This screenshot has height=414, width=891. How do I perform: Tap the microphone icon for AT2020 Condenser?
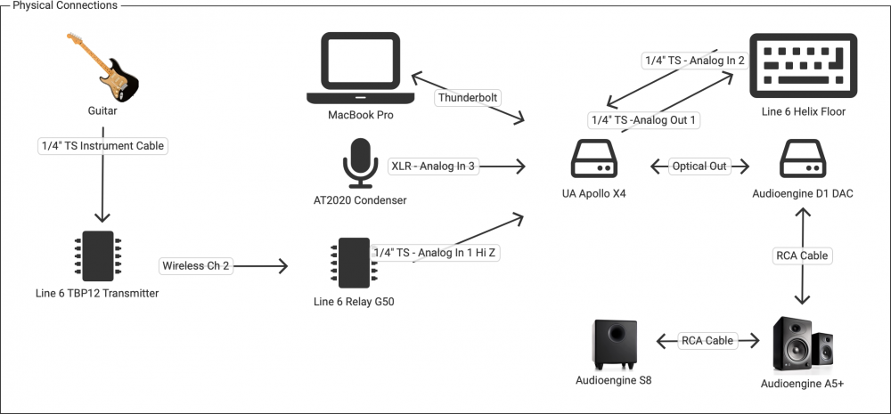tap(360, 164)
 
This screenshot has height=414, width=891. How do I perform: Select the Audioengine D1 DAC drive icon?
tap(804, 161)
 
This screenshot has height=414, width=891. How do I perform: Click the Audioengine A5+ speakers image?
tap(802, 343)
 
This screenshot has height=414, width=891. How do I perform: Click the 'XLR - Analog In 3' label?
tap(433, 166)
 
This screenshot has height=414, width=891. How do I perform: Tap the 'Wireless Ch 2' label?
tap(195, 265)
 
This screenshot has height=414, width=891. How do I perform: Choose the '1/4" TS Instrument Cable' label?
tap(102, 144)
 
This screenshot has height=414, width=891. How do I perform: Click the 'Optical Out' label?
tap(699, 166)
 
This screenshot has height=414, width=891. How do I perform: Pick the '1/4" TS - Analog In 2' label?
tap(694, 61)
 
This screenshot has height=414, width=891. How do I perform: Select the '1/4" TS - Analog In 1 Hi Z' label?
tap(435, 253)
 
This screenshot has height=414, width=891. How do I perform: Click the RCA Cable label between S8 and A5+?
tap(707, 340)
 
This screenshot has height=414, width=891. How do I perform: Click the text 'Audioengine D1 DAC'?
tap(804, 193)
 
